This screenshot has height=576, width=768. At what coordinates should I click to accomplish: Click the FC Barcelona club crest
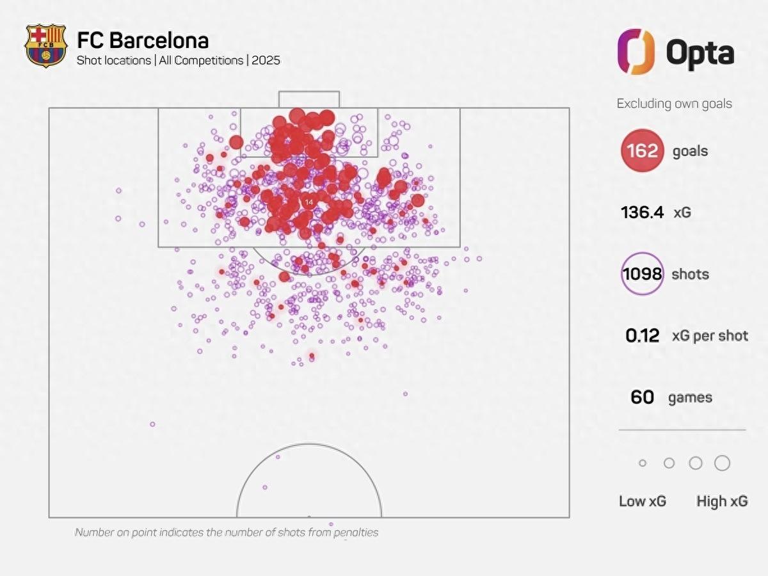(45, 45)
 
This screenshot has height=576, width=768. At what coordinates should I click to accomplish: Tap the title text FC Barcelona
(143, 40)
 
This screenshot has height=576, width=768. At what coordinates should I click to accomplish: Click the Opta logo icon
(636, 51)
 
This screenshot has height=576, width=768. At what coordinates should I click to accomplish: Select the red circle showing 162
(642, 151)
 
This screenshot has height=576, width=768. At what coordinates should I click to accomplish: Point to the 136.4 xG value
(642, 212)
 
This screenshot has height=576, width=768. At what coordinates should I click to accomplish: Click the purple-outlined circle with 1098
(642, 275)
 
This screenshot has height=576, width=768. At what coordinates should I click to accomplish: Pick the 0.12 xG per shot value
(643, 336)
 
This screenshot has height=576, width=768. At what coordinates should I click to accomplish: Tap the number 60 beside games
(642, 397)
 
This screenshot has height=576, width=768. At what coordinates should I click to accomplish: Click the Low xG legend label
(642, 501)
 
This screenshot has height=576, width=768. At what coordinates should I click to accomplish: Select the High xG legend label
(722, 501)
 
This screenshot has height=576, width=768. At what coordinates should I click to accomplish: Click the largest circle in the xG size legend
(722, 463)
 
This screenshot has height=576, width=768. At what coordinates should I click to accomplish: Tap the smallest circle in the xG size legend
(643, 463)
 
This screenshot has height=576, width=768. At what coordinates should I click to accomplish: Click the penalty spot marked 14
(309, 202)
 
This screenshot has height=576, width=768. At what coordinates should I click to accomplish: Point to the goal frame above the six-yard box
(308, 99)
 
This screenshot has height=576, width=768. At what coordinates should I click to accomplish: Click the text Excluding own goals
(674, 104)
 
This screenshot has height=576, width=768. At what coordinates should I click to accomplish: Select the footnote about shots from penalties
(227, 532)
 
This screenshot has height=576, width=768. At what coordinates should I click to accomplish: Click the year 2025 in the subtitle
(266, 61)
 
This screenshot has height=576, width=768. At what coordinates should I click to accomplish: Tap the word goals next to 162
(690, 152)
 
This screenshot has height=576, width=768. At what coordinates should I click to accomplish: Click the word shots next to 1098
(690, 275)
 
